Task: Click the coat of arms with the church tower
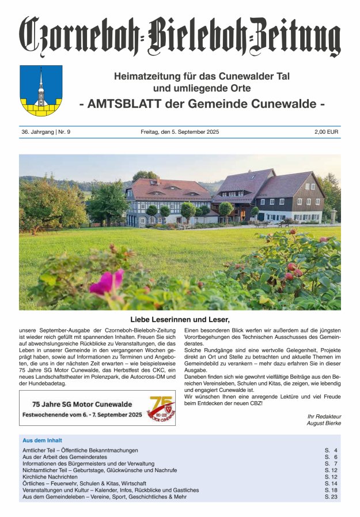(x=41, y=90)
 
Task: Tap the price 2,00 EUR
(x=327, y=132)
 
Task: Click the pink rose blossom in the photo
(x=107, y=282)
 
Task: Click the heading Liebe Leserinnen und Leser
(x=180, y=319)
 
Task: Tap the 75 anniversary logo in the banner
(x=160, y=407)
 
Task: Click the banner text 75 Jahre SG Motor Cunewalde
(x=82, y=403)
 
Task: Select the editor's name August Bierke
(x=324, y=423)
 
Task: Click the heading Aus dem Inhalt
(x=42, y=440)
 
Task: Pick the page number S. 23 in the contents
(x=331, y=496)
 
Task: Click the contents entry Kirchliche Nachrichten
(x=50, y=477)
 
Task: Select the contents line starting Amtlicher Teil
(x=80, y=450)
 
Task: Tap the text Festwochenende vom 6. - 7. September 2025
(x=82, y=414)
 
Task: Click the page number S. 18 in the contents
(x=331, y=490)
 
